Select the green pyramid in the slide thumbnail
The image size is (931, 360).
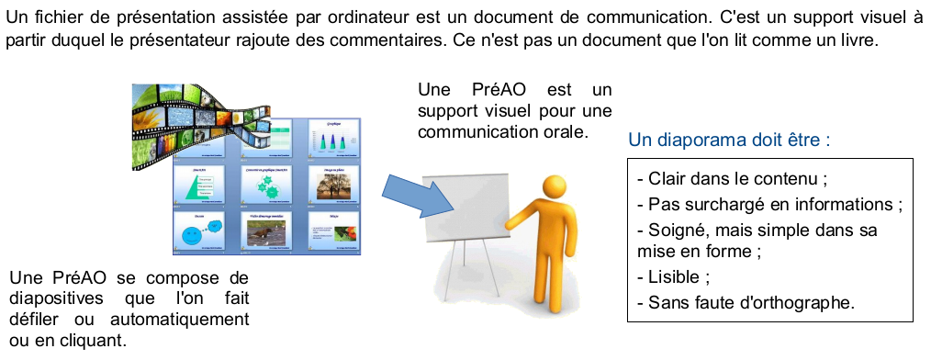point(198,187)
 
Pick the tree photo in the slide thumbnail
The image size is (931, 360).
point(334,186)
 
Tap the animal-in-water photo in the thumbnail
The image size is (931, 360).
point(266,233)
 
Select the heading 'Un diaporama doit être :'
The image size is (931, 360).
point(729,141)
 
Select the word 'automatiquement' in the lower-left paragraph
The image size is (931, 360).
point(179,319)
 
